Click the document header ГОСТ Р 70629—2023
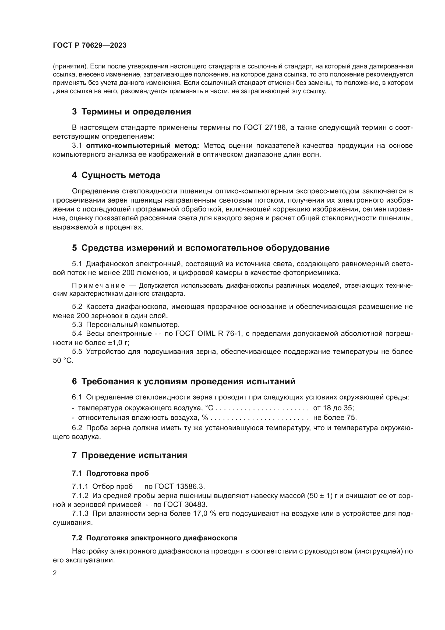(x=90, y=45)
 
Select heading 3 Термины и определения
(x=131, y=112)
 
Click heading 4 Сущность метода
(x=116, y=175)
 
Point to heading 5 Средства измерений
(x=201, y=248)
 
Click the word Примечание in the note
(x=98, y=286)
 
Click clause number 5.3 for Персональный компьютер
(x=77, y=325)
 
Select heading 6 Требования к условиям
(x=183, y=381)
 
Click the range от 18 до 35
(x=333, y=408)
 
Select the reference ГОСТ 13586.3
(x=180, y=486)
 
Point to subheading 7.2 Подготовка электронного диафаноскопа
(x=154, y=538)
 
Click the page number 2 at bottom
(x=55, y=573)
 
